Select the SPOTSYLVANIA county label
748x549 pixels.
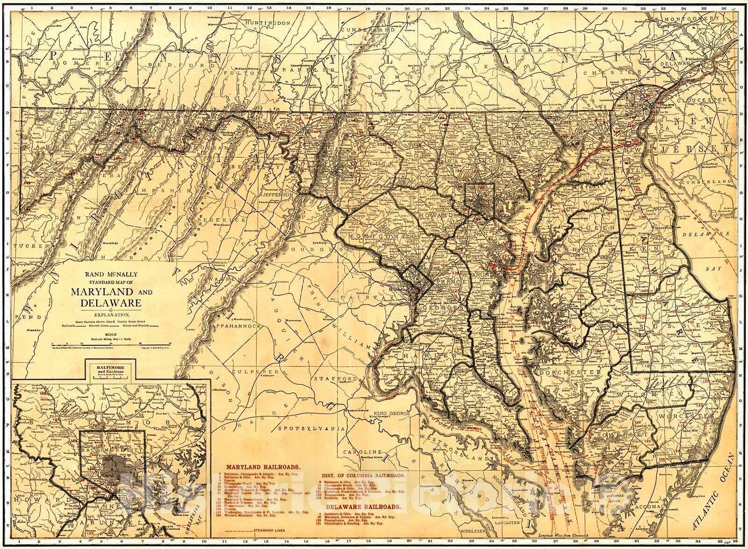pyautogui.click(x=311, y=428)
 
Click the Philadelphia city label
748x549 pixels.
pyautogui.click(x=699, y=59)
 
